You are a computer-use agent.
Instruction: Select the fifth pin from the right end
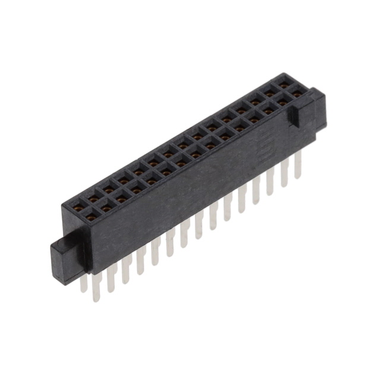point(242,197)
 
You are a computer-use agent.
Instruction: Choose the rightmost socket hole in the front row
point(296,93)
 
